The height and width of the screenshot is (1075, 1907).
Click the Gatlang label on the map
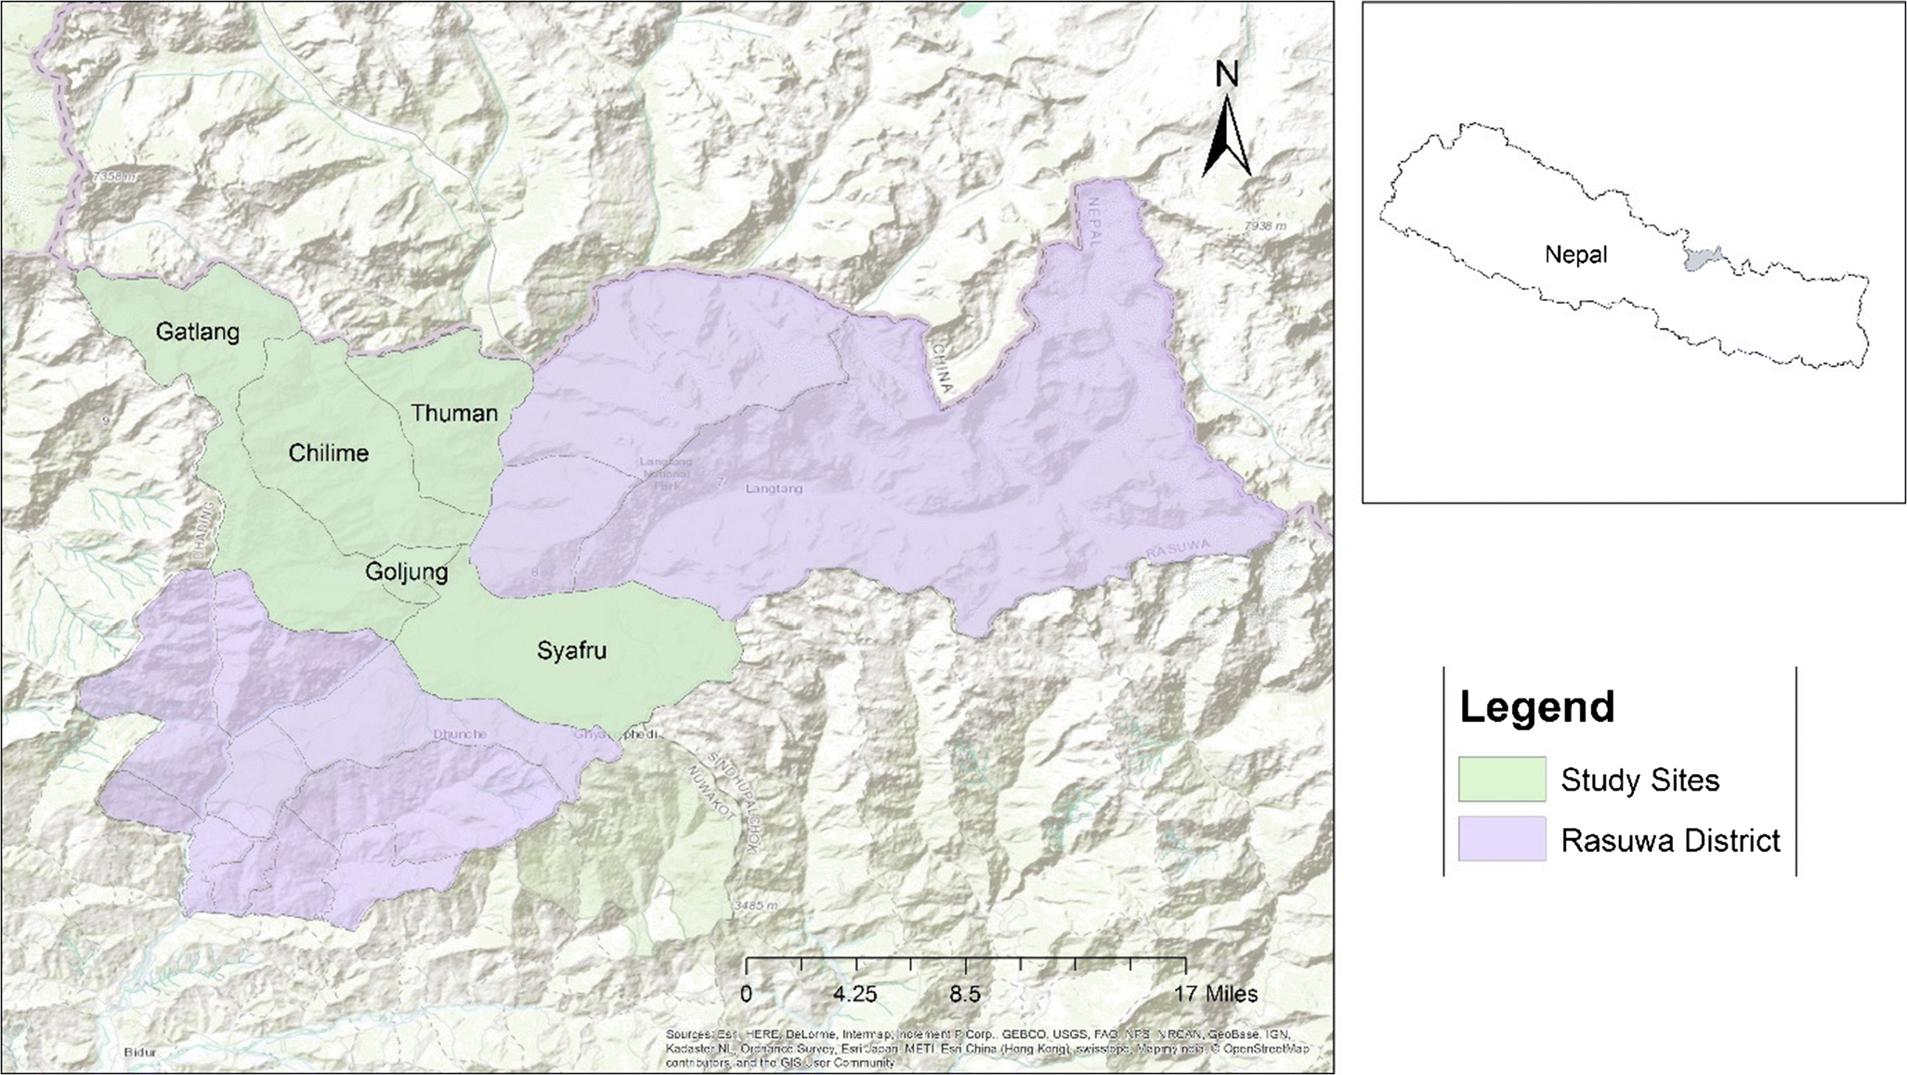[x=197, y=332]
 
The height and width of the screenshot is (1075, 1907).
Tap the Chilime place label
[x=328, y=453]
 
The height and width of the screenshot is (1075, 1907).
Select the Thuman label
[x=454, y=413]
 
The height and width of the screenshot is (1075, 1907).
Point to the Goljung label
[x=406, y=571]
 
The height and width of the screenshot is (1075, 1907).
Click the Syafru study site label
[x=571, y=650]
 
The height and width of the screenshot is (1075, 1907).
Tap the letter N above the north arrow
[x=1227, y=74]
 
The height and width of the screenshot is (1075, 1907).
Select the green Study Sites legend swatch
[x=1501, y=779]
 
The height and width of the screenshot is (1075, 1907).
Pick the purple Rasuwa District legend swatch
[x=1501, y=839]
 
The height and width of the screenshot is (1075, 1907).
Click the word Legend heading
[x=1537, y=707]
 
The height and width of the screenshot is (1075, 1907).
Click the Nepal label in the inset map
[x=1575, y=255]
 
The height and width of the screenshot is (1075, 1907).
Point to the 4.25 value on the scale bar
[x=855, y=994]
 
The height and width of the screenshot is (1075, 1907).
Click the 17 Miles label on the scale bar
[x=1215, y=994]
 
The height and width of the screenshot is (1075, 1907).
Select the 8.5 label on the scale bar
[x=964, y=994]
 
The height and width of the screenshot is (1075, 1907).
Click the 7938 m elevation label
[x=1265, y=226]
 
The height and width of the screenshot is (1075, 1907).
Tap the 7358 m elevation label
[x=113, y=176]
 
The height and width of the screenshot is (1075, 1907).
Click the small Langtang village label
[x=774, y=489]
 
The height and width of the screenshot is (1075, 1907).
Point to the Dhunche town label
[x=459, y=734]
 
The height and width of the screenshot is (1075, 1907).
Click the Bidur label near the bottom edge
[x=139, y=1053]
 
